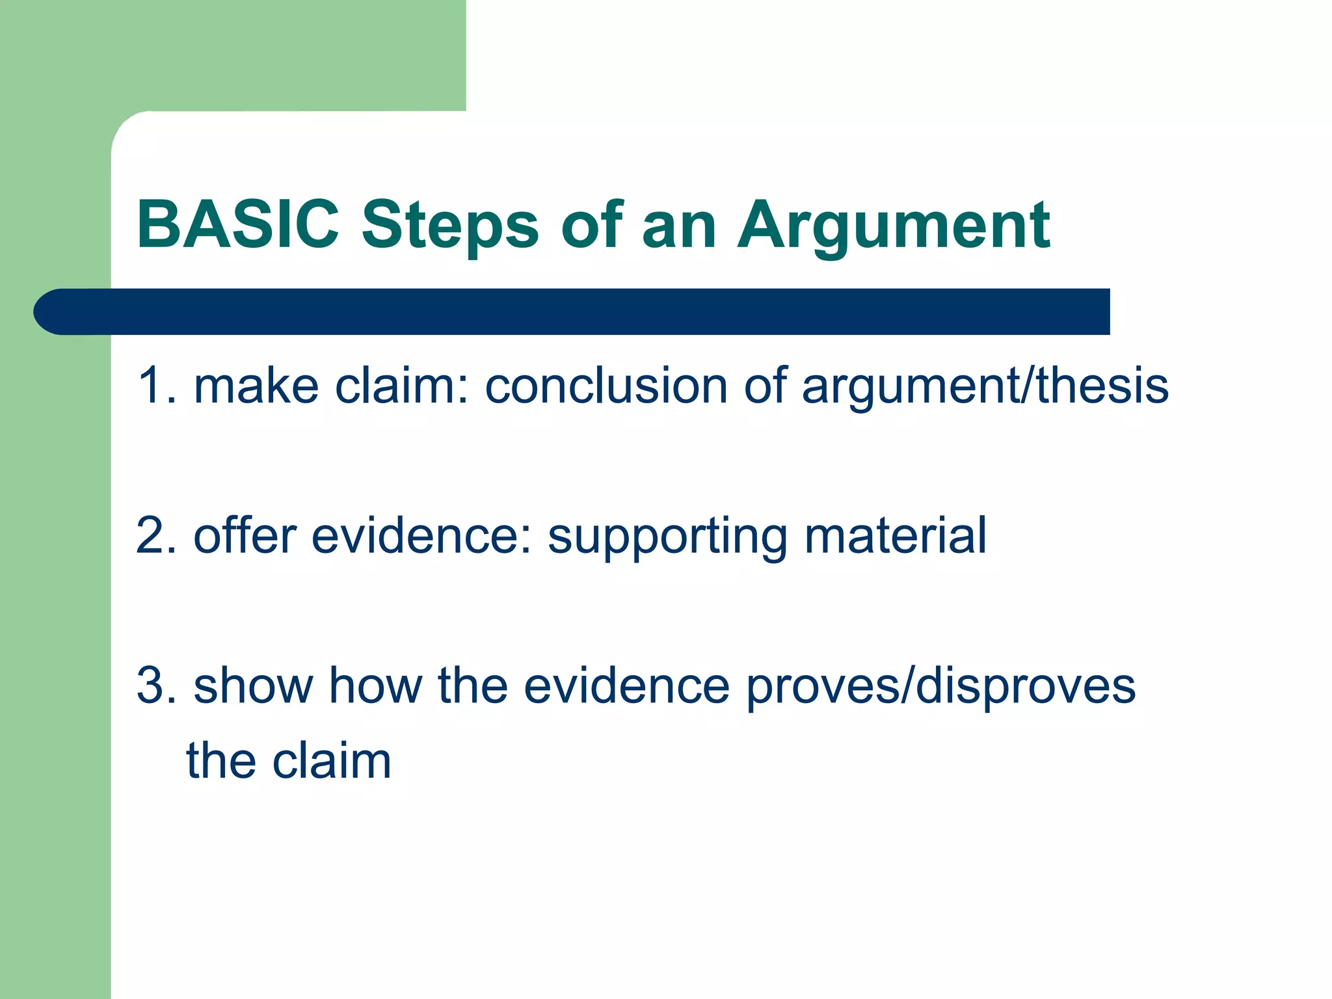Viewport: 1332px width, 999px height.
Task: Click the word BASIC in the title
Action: click(x=238, y=224)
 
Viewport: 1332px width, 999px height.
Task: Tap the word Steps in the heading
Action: click(x=450, y=226)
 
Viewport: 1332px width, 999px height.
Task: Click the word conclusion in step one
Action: click(x=606, y=386)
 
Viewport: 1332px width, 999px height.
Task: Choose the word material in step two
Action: click(x=895, y=535)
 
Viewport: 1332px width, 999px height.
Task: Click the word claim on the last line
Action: click(x=332, y=760)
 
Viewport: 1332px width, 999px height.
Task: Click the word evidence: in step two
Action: click(x=422, y=535)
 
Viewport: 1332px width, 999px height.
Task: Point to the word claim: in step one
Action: click(x=401, y=386)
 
